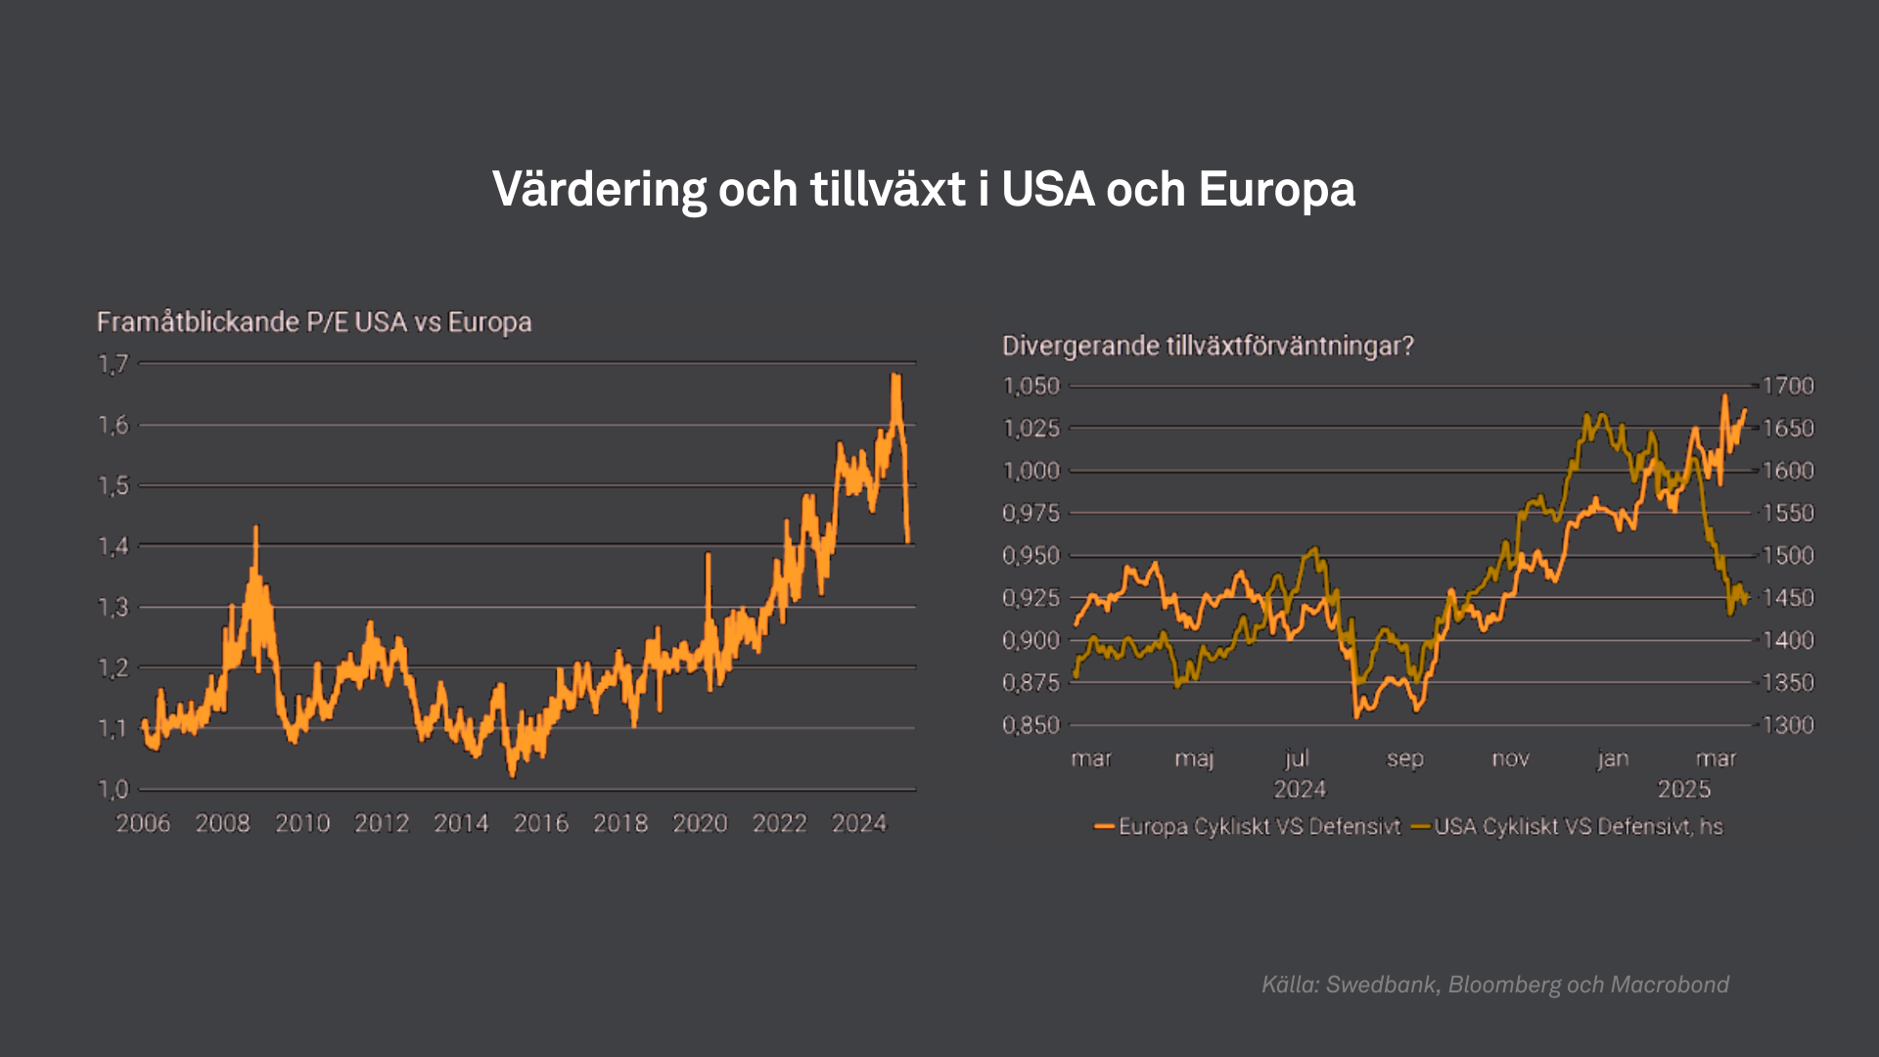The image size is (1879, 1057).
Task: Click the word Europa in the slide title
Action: pyautogui.click(x=1276, y=190)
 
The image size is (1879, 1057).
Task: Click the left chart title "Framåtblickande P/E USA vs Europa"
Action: pyautogui.click(x=314, y=322)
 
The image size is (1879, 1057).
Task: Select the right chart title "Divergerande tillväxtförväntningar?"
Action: pyautogui.click(x=1208, y=345)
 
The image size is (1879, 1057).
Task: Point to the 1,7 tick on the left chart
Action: pyautogui.click(x=114, y=365)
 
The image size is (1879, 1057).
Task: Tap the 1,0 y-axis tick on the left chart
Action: pyautogui.click(x=114, y=789)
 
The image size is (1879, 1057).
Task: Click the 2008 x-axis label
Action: pyautogui.click(x=222, y=823)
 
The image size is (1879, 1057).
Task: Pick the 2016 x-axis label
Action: pyautogui.click(x=541, y=823)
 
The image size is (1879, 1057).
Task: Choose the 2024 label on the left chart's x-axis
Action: pyautogui.click(x=858, y=823)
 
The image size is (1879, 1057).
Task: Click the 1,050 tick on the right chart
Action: pyautogui.click(x=1031, y=386)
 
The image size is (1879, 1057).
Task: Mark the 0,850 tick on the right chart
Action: pyautogui.click(x=1031, y=725)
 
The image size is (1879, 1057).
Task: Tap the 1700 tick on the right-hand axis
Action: pyautogui.click(x=1788, y=386)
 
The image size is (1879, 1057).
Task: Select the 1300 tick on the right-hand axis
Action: pyautogui.click(x=1788, y=725)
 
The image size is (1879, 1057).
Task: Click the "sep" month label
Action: pyautogui.click(x=1404, y=758)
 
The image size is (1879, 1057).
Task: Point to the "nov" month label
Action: pyautogui.click(x=1510, y=758)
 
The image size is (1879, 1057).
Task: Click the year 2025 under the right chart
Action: pyautogui.click(x=1683, y=789)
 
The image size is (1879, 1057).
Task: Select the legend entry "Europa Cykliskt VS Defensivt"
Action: pyautogui.click(x=1259, y=827)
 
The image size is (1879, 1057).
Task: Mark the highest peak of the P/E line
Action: pyautogui.click(x=894, y=375)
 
